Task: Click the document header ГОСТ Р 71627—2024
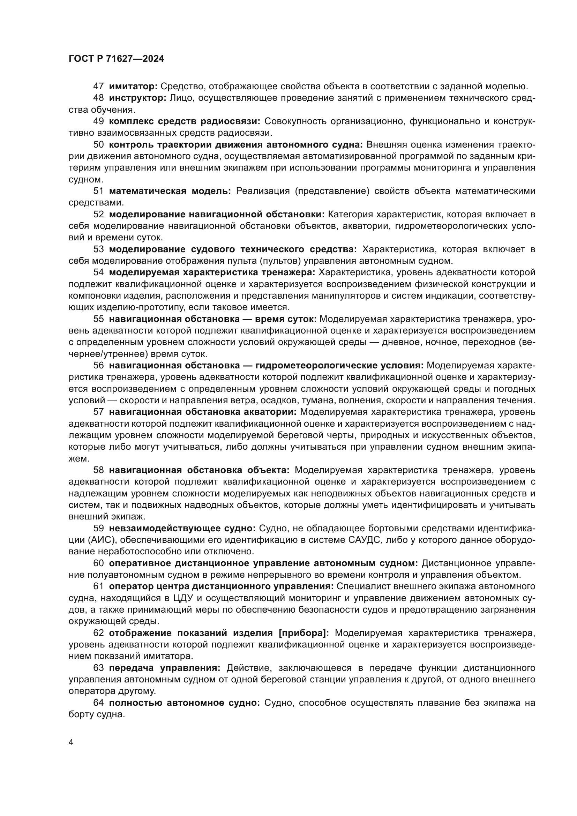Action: coord(116,59)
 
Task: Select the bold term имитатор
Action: coord(133,86)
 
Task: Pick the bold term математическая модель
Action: coord(170,191)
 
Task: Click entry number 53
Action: coord(98,249)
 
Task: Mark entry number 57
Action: coord(98,412)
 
